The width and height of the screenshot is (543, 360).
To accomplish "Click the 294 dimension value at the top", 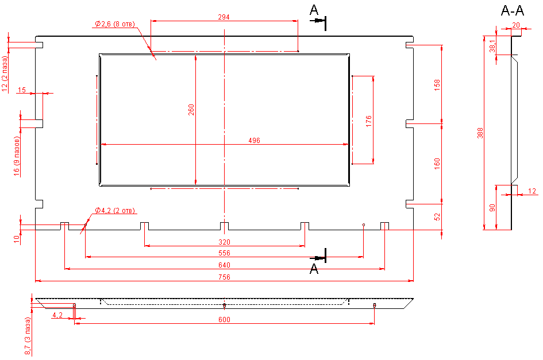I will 224,17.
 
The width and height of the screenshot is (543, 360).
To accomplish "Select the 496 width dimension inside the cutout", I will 255,140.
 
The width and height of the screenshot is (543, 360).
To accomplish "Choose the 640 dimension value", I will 224,265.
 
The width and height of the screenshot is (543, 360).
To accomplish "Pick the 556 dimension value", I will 224,253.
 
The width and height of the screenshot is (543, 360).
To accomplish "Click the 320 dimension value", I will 224,242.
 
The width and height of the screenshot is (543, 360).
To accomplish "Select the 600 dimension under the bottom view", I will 224,320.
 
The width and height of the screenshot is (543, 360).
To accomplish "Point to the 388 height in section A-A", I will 480,133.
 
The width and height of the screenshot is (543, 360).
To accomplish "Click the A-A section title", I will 513,10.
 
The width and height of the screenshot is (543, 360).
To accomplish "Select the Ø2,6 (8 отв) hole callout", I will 115,24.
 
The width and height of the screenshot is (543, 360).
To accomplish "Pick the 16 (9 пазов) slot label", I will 17,156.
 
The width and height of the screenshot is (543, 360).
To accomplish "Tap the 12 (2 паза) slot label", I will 5,73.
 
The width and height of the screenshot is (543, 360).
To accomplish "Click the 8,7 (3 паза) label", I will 27,339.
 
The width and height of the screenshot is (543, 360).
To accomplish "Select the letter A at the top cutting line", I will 314,9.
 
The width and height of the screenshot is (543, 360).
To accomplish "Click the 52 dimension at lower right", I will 437,217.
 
